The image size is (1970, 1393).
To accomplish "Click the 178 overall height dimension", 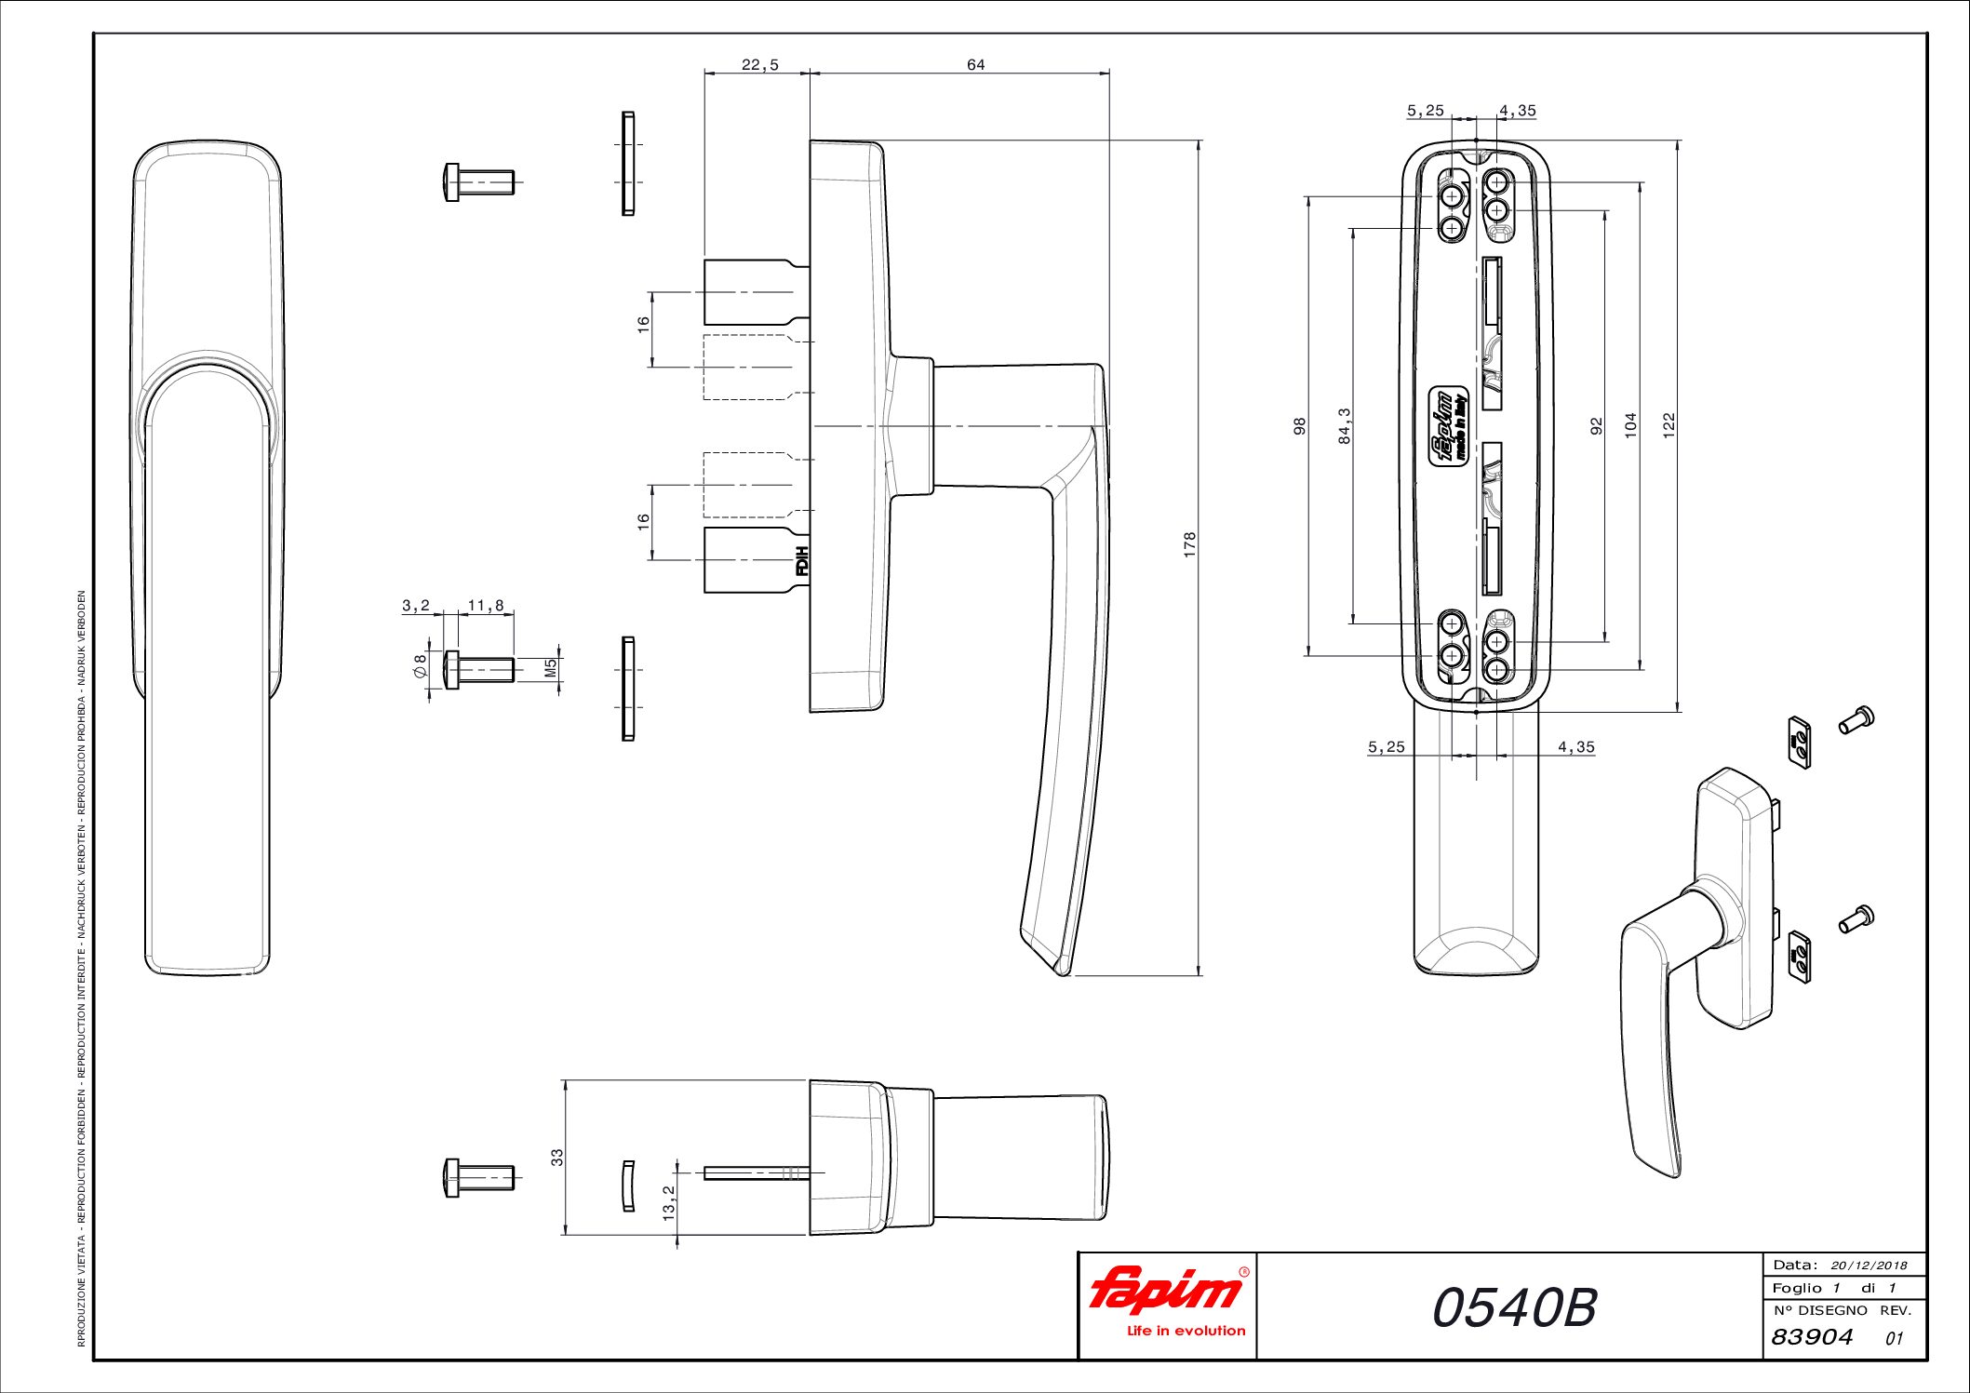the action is pos(1189,544).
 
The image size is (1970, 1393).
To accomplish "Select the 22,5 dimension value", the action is pos(760,65).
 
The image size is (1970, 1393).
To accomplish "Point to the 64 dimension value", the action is pos(975,64).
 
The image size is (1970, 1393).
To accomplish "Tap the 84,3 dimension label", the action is pos(1345,425).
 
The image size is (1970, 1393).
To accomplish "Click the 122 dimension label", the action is pos(1668,425).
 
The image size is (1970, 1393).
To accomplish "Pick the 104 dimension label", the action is pos(1630,425).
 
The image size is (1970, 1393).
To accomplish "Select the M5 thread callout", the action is pos(550,668).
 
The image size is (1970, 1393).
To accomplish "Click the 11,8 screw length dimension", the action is pos(486,606).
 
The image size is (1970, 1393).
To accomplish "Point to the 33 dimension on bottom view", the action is pos(557,1158).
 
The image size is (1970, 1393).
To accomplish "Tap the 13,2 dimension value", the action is pos(669,1203).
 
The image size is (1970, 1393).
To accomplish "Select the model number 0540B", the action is pos(1514,1307).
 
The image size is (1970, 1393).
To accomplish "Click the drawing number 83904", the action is pos(1812,1337).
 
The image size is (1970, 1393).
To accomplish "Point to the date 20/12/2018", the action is pos(1869,1266).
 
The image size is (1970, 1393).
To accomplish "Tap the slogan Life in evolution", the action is pos(1186,1331).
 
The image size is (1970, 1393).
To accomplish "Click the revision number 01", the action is pos(1894,1339).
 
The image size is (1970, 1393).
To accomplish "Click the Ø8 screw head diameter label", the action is pos(421,666).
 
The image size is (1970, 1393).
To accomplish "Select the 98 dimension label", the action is pos(1300,425).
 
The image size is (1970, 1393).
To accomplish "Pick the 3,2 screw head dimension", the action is pos(416,606).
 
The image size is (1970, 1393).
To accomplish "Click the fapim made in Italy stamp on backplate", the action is pos(1448,424).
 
